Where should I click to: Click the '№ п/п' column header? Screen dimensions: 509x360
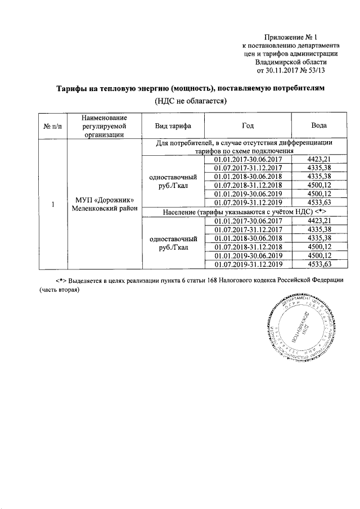click(52, 126)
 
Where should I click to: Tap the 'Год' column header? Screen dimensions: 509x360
click(246, 126)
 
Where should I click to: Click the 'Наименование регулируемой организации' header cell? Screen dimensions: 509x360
click(104, 126)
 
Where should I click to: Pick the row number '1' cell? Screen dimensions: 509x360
click(52, 204)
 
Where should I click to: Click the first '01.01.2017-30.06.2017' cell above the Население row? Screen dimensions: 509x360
click(246, 160)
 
